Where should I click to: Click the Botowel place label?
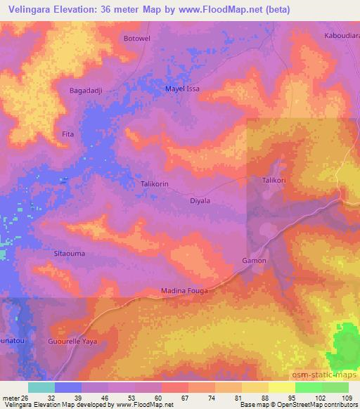coord(136,38)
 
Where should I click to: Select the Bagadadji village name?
coord(86,91)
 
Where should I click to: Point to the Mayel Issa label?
coord(181,90)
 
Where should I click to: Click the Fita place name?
coord(68,134)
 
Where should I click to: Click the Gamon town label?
coord(255,261)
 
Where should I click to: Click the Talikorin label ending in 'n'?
coord(155,184)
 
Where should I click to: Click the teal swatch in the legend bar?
coord(41,387)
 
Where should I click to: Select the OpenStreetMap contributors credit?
coord(321,404)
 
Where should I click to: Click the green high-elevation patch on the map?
coord(344,347)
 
